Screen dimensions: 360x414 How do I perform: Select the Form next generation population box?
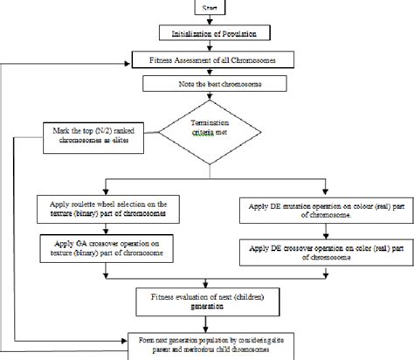(208, 346)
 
